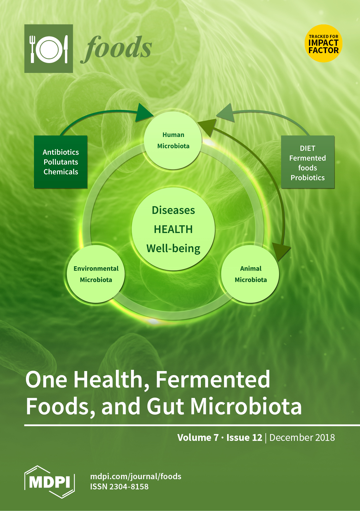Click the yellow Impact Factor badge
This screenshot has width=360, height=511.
tap(323, 43)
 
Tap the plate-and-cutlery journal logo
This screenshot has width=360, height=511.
tap(49, 49)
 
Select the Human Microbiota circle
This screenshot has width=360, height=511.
tap(173, 140)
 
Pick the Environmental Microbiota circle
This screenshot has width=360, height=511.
tap(96, 274)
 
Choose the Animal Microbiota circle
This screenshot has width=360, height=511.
tap(250, 274)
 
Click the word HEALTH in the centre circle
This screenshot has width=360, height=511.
tap(173, 229)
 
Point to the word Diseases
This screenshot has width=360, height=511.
tap(173, 210)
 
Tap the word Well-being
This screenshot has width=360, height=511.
tap(173, 249)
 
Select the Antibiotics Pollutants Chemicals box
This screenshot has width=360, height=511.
tap(61, 162)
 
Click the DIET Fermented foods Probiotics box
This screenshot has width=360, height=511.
tap(307, 162)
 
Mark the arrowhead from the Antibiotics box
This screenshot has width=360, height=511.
tap(143, 113)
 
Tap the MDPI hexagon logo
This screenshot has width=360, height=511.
tap(49, 482)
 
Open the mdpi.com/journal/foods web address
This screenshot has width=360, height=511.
tap(136, 476)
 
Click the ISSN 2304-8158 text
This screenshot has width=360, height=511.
tap(119, 487)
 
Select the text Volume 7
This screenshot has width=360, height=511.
tap(198, 437)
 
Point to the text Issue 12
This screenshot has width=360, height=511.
tap(244, 437)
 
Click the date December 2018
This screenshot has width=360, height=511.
tap(302, 437)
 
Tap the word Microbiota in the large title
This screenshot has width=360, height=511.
tap(246, 406)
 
